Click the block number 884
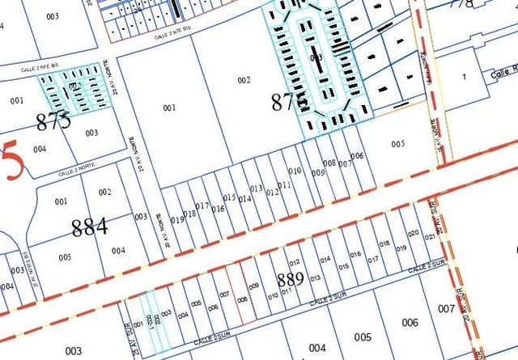[89, 227]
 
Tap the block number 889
[290, 280]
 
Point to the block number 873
[53, 121]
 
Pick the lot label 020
[413, 233]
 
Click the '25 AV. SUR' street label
[125, 335]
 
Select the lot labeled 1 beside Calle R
[464, 76]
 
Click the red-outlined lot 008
[241, 299]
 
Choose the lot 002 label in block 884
[104, 192]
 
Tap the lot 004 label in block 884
[118, 250]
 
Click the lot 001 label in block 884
[61, 201]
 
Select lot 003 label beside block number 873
[91, 133]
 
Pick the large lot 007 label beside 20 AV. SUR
[446, 309]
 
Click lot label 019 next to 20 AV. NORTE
[177, 219]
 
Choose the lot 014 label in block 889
[325, 260]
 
